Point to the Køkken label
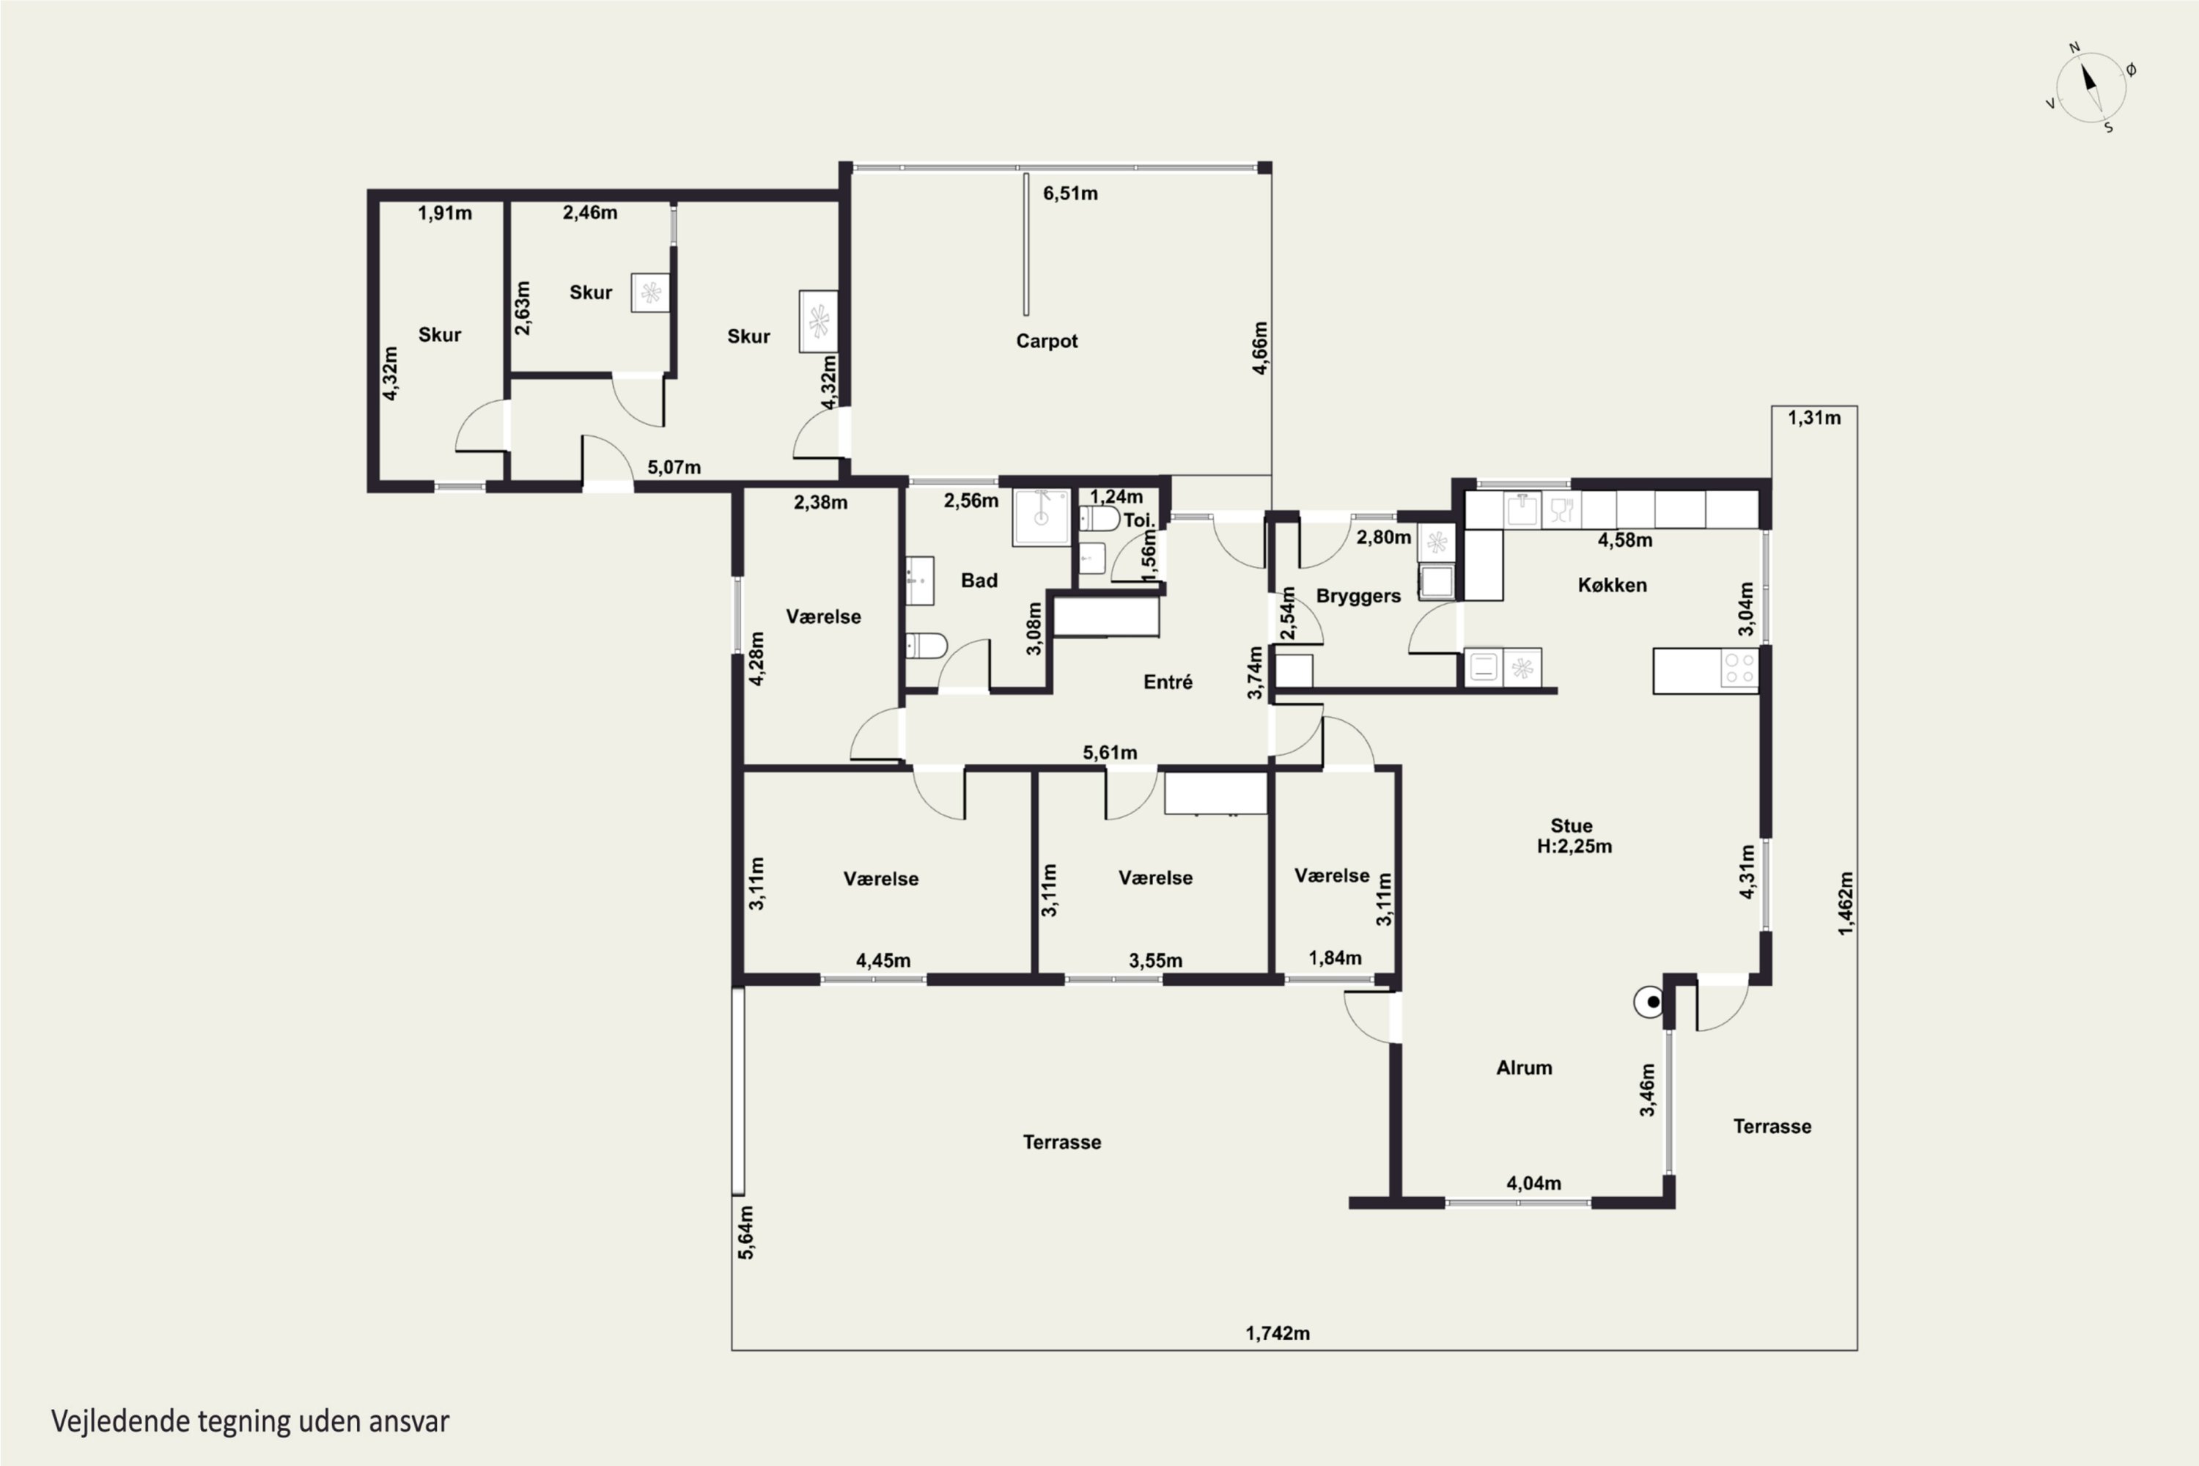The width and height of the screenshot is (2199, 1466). pos(1612,585)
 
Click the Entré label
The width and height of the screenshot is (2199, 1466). pos(1168,682)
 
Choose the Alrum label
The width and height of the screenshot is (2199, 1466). pos(1524,1068)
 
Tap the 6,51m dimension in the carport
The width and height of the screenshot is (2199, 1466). pos(1070,194)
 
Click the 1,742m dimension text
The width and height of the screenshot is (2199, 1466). pos(1277,1333)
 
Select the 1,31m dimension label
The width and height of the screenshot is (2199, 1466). pos(1813,418)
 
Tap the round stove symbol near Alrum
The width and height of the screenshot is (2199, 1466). pos(1649,1002)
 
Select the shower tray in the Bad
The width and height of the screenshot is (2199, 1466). pos(1042,517)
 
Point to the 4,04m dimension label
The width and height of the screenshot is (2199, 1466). pos(1533,1184)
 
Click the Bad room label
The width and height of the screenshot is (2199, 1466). pos(979,581)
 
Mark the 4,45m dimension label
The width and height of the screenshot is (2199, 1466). pos(883,961)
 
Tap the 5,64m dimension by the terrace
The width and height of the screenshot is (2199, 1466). pos(746,1232)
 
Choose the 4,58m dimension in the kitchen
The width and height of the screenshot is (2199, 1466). pos(1625,540)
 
